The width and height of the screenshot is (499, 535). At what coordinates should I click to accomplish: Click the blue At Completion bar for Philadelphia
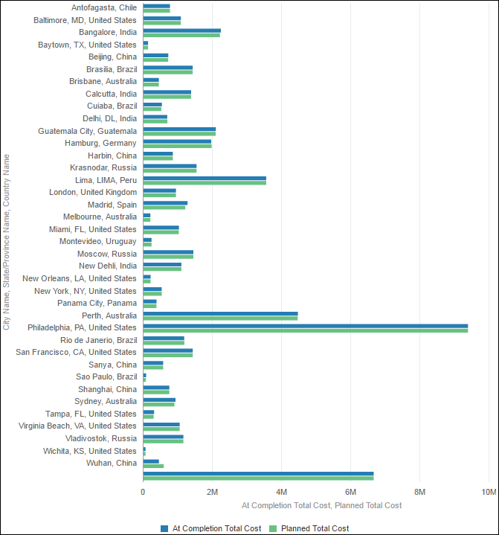click(x=305, y=325)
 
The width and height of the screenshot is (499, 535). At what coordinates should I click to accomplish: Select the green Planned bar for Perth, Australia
click(x=220, y=318)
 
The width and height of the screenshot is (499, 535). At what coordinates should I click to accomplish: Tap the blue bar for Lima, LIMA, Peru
click(x=205, y=178)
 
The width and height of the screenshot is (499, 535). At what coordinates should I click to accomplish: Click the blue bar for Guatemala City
click(x=179, y=129)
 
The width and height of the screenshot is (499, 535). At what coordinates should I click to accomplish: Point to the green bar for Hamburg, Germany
click(x=177, y=146)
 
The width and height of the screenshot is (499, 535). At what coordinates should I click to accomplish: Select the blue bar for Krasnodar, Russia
click(x=170, y=165)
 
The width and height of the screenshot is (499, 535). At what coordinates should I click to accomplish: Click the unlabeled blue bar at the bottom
click(x=258, y=472)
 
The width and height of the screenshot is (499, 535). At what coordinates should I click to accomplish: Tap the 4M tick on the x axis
click(x=281, y=492)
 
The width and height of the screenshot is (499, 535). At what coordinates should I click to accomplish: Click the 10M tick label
click(x=489, y=492)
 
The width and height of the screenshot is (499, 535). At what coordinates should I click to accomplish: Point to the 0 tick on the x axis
click(x=143, y=492)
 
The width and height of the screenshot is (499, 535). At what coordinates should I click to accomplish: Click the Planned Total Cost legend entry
click(x=309, y=528)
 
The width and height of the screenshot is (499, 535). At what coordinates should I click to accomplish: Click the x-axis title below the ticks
click(x=321, y=505)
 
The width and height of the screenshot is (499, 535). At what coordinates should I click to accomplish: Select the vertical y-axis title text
click(x=7, y=242)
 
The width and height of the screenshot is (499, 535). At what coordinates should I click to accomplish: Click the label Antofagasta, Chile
click(x=104, y=7)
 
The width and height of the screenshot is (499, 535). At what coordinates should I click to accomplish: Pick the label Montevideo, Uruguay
click(x=98, y=241)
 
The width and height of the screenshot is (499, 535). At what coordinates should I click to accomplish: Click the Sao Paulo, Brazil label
click(x=106, y=377)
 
